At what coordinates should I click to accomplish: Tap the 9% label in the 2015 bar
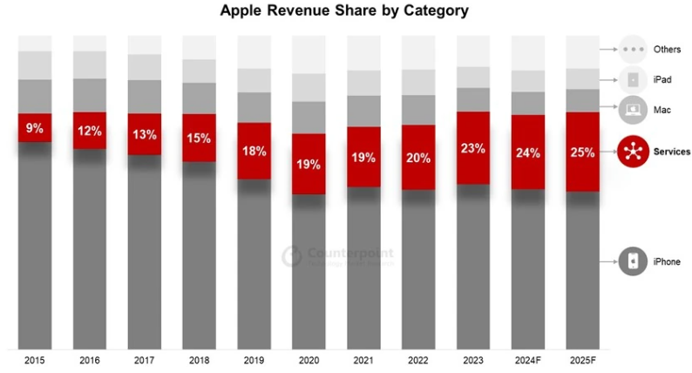pyautogui.click(x=35, y=128)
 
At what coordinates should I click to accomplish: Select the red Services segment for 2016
pyautogui.click(x=90, y=131)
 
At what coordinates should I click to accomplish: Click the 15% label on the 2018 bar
pyautogui.click(x=200, y=138)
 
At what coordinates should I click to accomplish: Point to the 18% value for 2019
pyautogui.click(x=254, y=151)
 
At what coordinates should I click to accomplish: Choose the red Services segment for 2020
pyautogui.click(x=309, y=163)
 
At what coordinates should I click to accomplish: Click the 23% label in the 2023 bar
pyautogui.click(x=472, y=148)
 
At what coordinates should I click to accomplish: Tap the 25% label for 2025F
pyautogui.click(x=582, y=152)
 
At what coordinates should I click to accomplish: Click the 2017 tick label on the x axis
pyautogui.click(x=144, y=359)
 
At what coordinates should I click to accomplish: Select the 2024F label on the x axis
pyautogui.click(x=528, y=359)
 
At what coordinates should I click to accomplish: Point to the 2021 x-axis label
pyautogui.click(x=363, y=359)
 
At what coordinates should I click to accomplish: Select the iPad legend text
pyautogui.click(x=661, y=80)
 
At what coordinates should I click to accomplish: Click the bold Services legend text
pyautogui.click(x=671, y=152)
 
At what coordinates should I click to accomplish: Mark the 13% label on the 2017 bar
pyautogui.click(x=145, y=134)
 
